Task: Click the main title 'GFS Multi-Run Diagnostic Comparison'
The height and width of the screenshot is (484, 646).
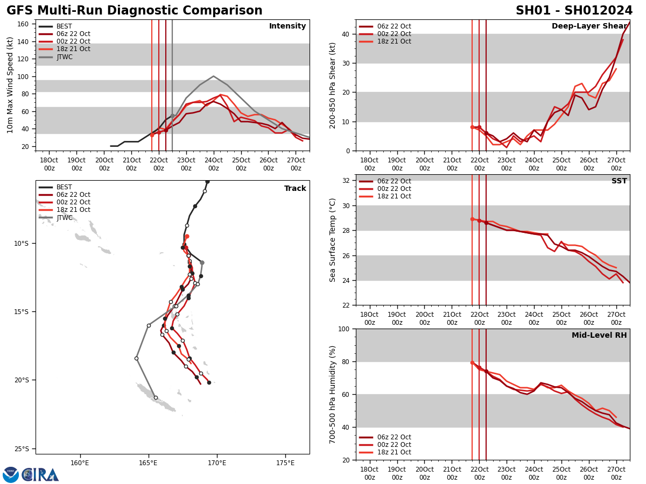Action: coord(134,11)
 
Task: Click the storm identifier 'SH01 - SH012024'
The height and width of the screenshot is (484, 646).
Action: coord(574,11)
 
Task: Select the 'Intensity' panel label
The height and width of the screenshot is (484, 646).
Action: coord(287,26)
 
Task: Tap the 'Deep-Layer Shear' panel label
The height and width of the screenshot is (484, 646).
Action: coord(589,26)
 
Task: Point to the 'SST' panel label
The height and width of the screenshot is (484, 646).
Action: coord(619,181)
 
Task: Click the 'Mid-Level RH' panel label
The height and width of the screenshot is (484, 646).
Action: coord(599,336)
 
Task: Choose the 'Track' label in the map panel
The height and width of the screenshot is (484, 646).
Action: coord(295,189)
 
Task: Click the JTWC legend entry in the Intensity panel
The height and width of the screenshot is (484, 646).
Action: coord(64,57)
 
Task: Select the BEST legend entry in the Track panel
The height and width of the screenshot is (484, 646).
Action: coord(64,187)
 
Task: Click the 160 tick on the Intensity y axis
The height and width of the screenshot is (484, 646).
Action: coord(23,24)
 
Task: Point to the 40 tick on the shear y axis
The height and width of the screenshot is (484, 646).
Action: coord(344,34)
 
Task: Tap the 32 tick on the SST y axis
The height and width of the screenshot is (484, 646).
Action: coord(344,181)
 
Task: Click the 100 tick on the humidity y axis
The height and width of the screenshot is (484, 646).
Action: coord(342,329)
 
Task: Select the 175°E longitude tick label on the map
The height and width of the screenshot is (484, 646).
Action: coord(285,463)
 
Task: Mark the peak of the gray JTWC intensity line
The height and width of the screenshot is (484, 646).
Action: coord(213,76)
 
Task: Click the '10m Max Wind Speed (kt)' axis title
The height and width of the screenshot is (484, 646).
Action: coord(10,85)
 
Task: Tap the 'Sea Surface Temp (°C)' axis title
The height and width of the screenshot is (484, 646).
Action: coord(333,240)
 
